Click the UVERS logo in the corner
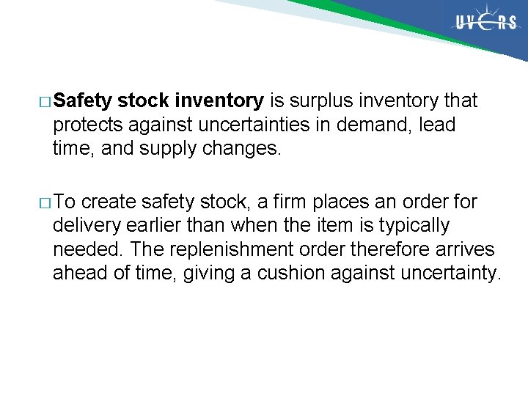click(485, 23)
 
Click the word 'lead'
click(438, 125)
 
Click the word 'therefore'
click(375, 250)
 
